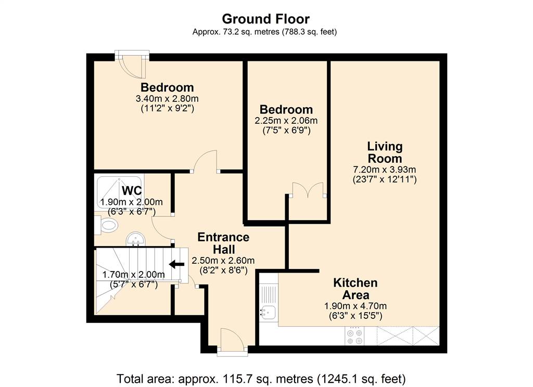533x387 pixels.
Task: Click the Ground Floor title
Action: point(265,19)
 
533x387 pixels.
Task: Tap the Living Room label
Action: point(385,152)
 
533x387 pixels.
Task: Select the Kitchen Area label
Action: point(355,289)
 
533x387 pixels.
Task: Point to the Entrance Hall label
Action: point(223,243)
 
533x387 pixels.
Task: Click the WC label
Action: point(132,190)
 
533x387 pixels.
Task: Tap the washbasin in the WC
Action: point(136,239)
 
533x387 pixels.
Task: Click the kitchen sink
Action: point(268,312)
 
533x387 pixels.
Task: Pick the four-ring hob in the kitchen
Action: point(354,336)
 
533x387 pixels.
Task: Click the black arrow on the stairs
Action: point(177,264)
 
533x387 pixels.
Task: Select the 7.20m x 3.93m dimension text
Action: point(385,170)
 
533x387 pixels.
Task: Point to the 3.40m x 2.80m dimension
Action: point(167,99)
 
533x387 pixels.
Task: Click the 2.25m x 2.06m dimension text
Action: point(286,121)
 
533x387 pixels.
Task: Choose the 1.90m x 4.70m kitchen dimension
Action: point(355,306)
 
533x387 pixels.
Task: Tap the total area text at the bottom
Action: point(261,379)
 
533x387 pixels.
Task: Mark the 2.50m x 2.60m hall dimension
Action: point(223,261)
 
